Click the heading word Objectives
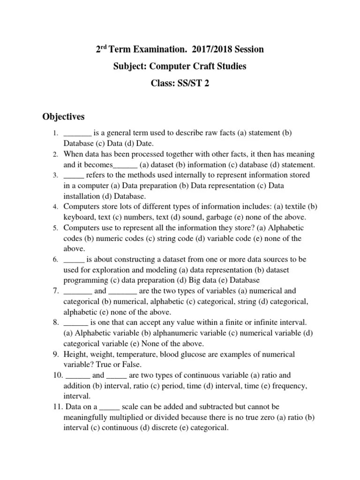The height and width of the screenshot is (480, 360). pyautogui.click(x=63, y=116)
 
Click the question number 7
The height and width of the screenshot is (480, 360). pyautogui.click(x=55, y=291)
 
